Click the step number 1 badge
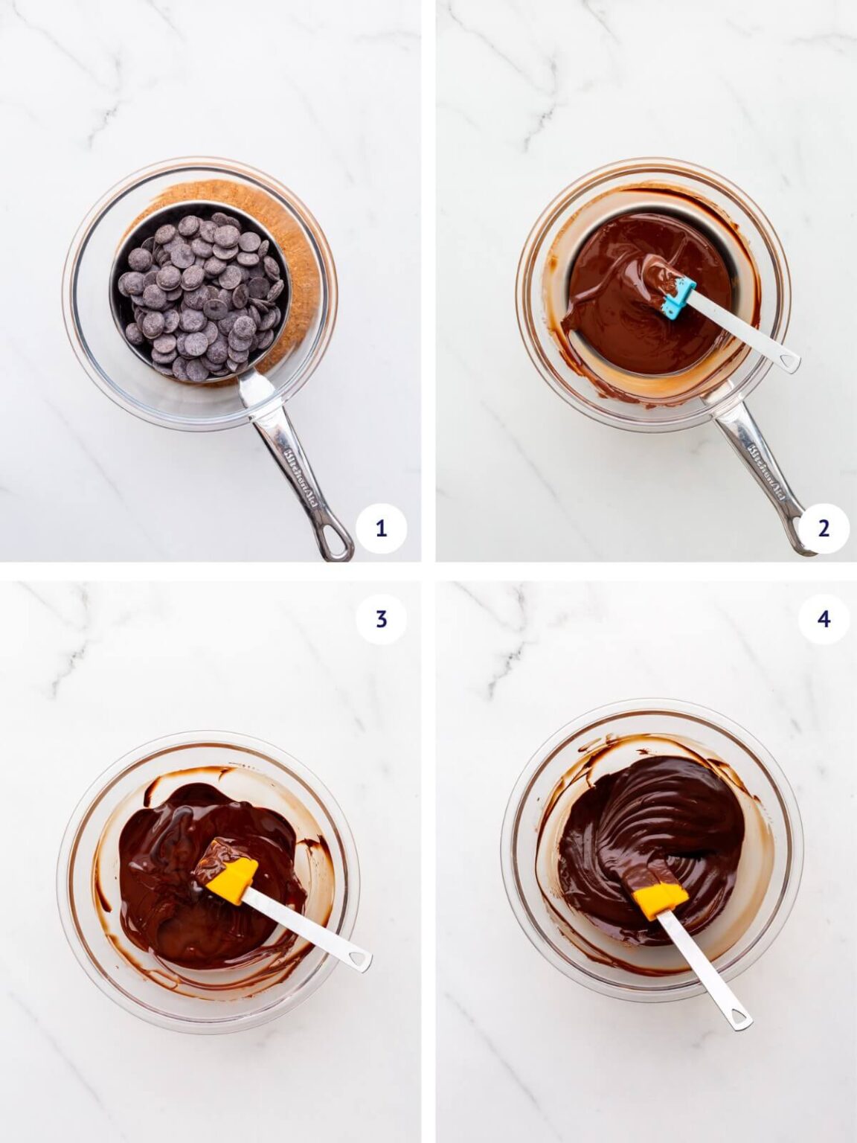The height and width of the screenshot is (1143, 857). pyautogui.click(x=381, y=528)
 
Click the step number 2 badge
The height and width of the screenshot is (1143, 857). pyautogui.click(x=824, y=528)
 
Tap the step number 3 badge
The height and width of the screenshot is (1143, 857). pyautogui.click(x=381, y=618)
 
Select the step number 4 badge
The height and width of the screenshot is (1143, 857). pyautogui.click(x=824, y=618)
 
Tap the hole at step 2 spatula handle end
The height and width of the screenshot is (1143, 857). pyautogui.click(x=788, y=362)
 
